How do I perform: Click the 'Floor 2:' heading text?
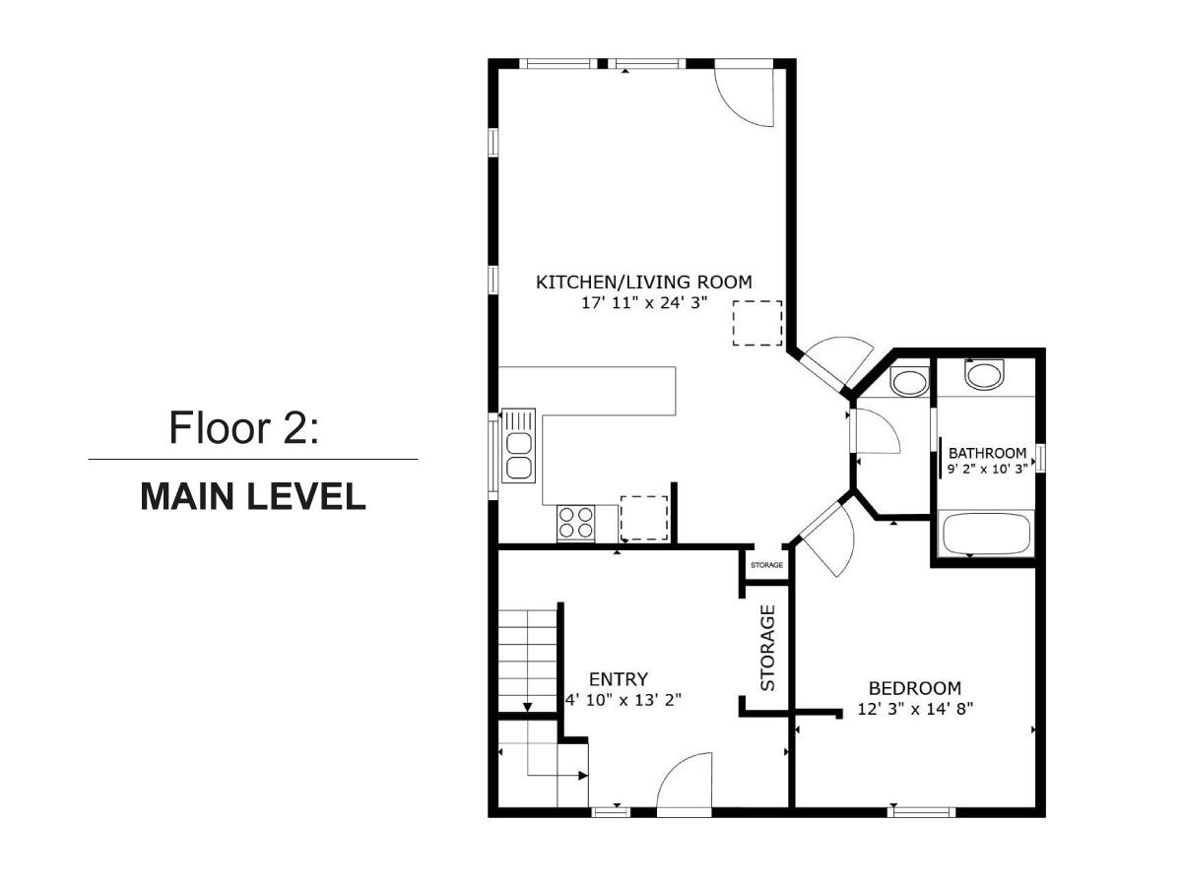click(x=244, y=428)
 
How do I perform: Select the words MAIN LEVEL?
click(x=253, y=496)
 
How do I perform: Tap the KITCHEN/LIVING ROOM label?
click(x=643, y=283)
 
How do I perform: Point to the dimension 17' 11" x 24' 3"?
click(x=644, y=303)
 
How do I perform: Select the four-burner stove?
click(x=576, y=521)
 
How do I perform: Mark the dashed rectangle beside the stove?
click(x=644, y=518)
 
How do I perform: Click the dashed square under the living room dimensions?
click(x=757, y=324)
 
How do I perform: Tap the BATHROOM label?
click(x=987, y=453)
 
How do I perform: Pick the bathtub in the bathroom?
click(x=986, y=535)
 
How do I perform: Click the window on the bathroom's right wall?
click(x=1040, y=459)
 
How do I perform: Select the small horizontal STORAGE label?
click(x=766, y=565)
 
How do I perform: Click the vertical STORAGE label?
click(x=768, y=647)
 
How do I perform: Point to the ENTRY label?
click(x=618, y=679)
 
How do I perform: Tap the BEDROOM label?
click(x=914, y=688)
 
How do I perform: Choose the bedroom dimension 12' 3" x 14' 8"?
click(x=915, y=708)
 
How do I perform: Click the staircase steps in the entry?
click(x=528, y=658)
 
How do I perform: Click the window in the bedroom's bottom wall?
click(x=922, y=811)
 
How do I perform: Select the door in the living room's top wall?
click(x=744, y=94)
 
